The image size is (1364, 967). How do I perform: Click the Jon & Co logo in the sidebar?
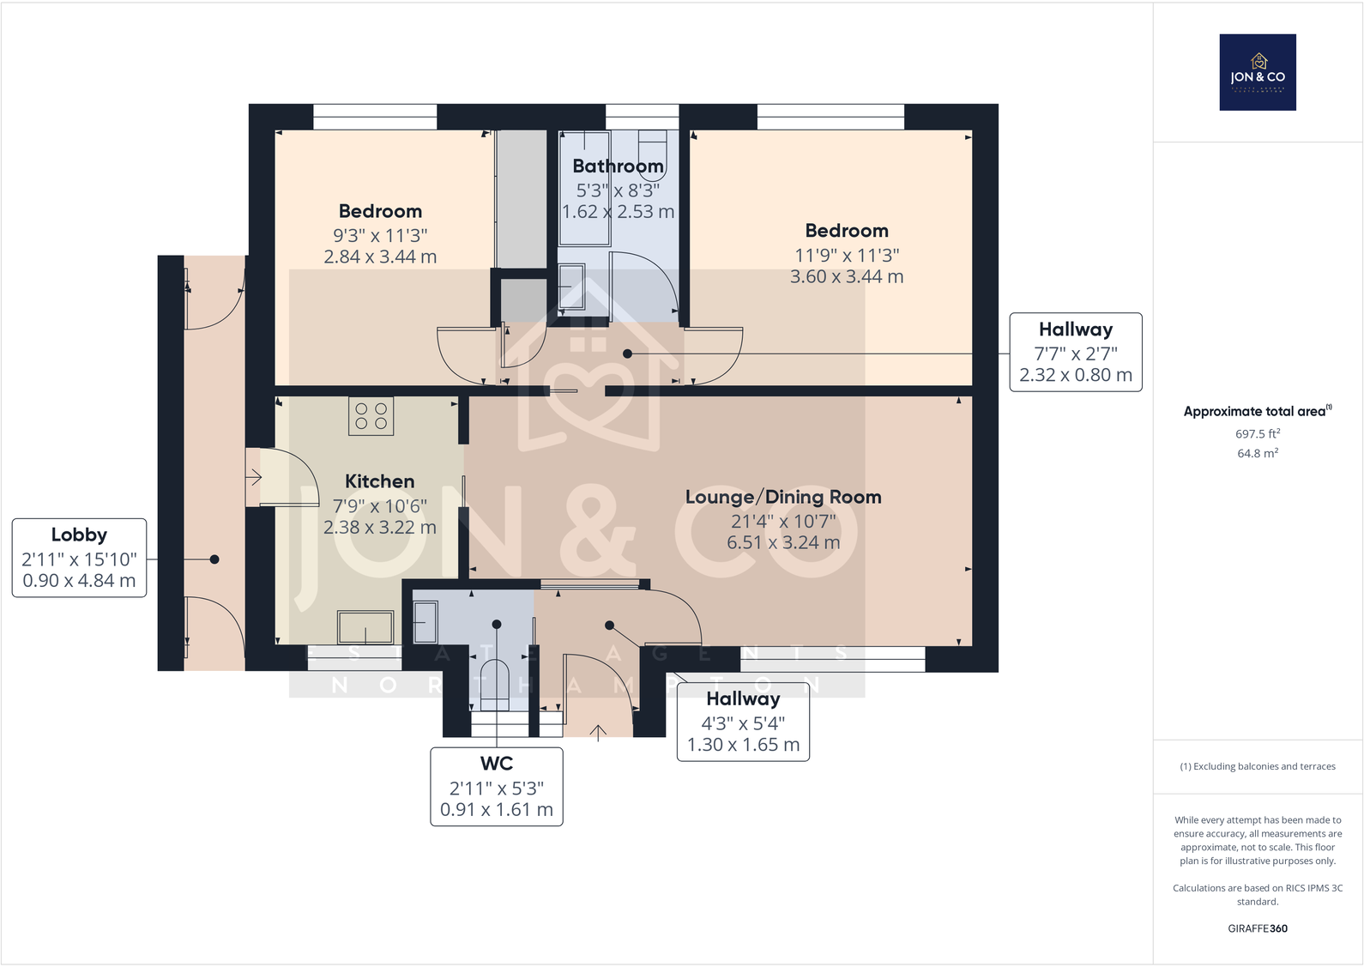[1257, 72]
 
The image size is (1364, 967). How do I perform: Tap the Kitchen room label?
[379, 481]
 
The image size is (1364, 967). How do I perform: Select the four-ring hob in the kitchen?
[371, 416]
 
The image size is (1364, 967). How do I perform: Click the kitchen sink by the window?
[365, 627]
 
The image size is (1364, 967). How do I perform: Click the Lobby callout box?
[79, 558]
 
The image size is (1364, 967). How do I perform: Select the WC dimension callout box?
[496, 787]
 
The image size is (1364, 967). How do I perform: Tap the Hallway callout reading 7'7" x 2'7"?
[1075, 353]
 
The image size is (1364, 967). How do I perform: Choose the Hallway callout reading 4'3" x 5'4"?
[743, 722]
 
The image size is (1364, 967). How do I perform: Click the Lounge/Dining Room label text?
[782, 497]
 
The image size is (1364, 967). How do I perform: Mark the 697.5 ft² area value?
[1257, 434]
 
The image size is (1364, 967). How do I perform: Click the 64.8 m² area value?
[1257, 453]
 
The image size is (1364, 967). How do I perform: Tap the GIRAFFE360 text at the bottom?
[1257, 928]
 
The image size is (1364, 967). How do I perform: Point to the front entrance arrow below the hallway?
[598, 731]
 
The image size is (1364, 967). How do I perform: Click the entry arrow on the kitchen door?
[254, 476]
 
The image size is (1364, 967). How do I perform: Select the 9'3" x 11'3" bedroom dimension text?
[379, 235]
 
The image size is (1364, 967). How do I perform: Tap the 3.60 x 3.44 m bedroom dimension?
[846, 276]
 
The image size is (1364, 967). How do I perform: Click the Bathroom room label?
[618, 166]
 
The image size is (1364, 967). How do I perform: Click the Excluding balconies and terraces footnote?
[1257, 766]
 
